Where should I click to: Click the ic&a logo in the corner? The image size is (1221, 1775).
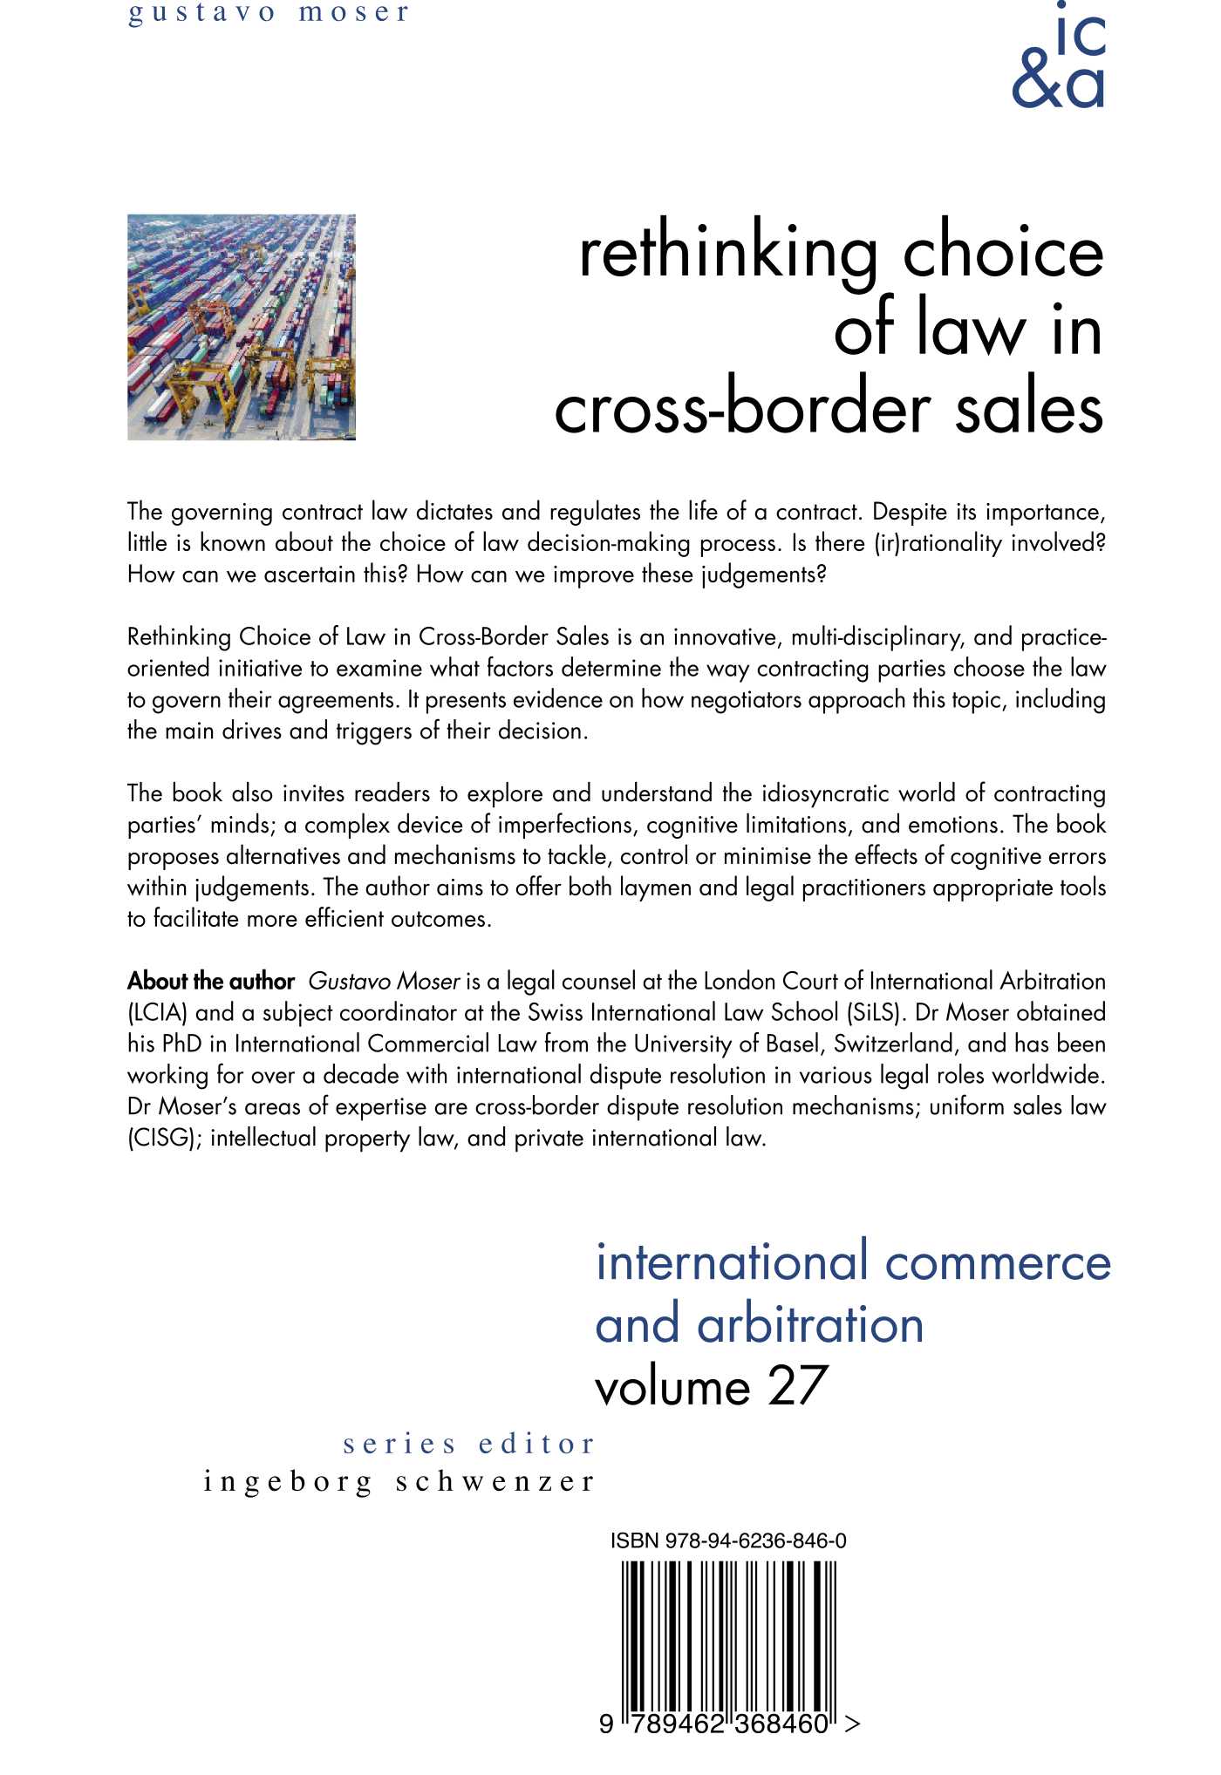click(x=1059, y=59)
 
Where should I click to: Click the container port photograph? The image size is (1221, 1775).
click(x=242, y=327)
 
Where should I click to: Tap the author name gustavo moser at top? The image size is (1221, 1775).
click(x=269, y=13)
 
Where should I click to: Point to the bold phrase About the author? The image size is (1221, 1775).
click(x=211, y=982)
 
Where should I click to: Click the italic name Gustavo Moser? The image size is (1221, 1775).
click(x=384, y=982)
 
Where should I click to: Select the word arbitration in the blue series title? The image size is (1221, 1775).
click(x=810, y=1325)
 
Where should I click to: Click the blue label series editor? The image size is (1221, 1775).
click(x=469, y=1445)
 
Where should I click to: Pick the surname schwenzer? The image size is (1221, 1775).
click(x=495, y=1482)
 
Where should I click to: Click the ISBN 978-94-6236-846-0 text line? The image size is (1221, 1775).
click(x=728, y=1540)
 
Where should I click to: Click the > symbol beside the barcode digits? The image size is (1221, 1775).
click(x=853, y=1724)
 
